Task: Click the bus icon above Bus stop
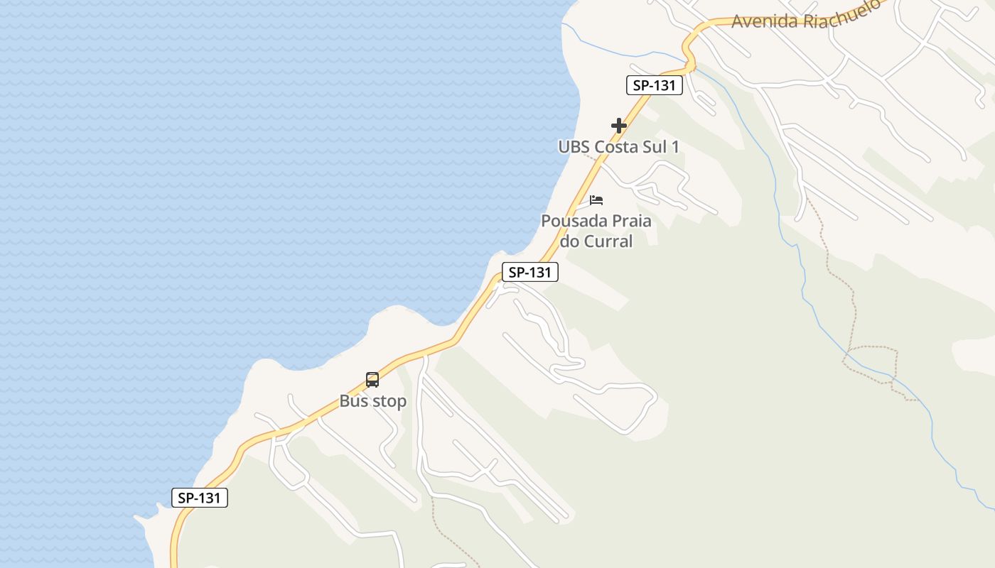(x=372, y=380)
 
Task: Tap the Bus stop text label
(x=373, y=401)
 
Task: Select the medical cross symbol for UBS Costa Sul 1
(x=619, y=126)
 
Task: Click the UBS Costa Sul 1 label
(x=618, y=147)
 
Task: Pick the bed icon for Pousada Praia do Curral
(x=596, y=200)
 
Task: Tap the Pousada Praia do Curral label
(x=596, y=231)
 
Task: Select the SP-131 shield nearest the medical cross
(x=655, y=85)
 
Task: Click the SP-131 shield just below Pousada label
(x=530, y=272)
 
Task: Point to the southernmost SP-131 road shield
(x=200, y=498)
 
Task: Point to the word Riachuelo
(x=843, y=13)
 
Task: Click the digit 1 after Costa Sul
(x=675, y=147)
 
